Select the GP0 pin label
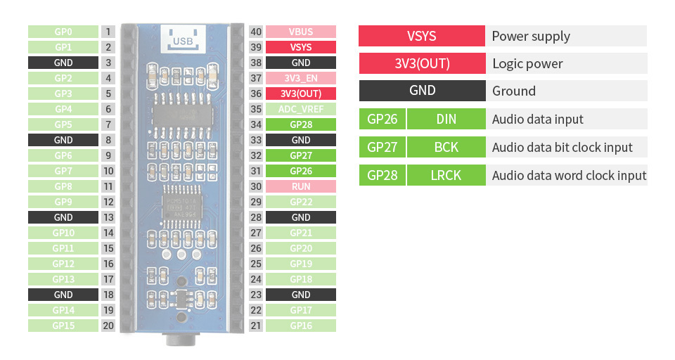63,32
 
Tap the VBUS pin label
300,32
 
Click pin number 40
256,32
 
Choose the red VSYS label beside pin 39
300,47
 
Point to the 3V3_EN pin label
300,78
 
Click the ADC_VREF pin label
300,109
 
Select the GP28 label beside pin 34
300,124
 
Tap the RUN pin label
300,186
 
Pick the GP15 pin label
63,326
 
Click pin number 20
108,326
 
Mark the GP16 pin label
300,326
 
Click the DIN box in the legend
446,119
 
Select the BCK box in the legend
446,147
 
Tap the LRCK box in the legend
446,175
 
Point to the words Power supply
531,37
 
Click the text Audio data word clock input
569,176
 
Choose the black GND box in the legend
422,91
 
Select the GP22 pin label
300,202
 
